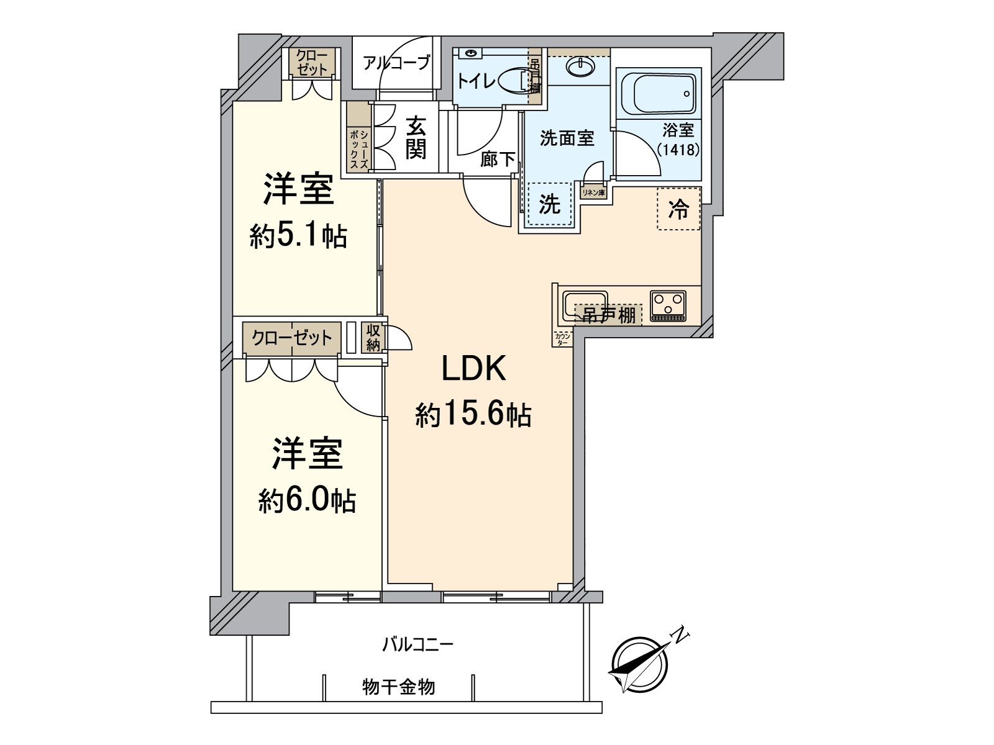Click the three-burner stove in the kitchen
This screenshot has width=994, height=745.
tap(668, 305)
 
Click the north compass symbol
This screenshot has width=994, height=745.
tap(640, 664)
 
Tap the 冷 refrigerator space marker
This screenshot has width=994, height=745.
tap(678, 210)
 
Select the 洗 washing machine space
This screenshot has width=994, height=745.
tap(549, 205)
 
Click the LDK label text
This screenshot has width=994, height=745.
tap(474, 370)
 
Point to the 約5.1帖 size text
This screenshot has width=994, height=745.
tap(298, 236)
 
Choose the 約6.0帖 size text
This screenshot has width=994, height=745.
tap(307, 500)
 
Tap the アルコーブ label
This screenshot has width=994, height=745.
tap(396, 63)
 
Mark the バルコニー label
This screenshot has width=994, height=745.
tap(417, 644)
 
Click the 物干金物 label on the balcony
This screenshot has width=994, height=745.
tap(398, 687)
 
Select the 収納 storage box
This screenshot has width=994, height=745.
tap(373, 337)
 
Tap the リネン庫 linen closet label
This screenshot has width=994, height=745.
tap(593, 193)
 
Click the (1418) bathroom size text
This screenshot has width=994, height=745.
tap(678, 150)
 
